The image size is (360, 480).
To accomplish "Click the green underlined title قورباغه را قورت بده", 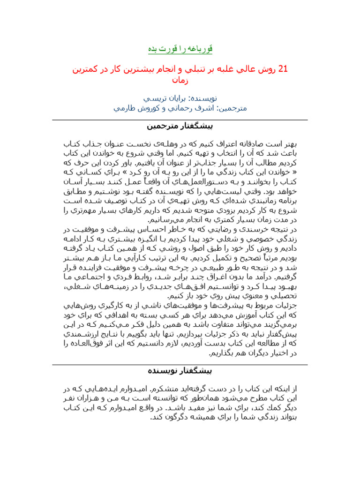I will click(x=180, y=49).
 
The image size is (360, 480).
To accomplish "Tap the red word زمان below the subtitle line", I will click(x=180, y=80).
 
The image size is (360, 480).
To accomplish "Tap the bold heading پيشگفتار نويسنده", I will click(x=180, y=370).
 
